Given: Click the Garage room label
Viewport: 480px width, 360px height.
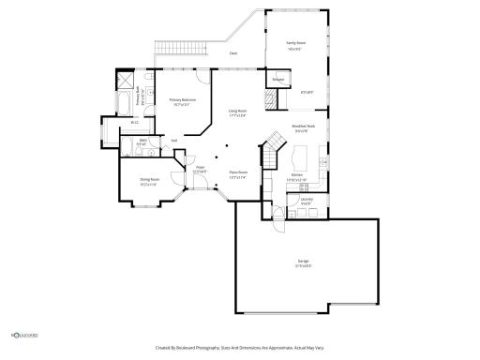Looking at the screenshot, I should [x=304, y=263].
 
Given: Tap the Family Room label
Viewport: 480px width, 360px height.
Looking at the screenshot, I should [x=296, y=43].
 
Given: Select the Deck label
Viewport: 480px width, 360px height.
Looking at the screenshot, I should [x=232, y=53].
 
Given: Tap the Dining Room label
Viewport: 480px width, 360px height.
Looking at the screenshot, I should [x=149, y=183].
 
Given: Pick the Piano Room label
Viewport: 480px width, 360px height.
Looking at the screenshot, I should [x=238, y=173].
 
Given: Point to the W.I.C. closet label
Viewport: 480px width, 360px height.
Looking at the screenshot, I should [x=135, y=123].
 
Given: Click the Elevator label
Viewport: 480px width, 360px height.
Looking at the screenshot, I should [x=278, y=80].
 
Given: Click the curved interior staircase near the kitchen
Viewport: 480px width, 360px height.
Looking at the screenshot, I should [x=273, y=145].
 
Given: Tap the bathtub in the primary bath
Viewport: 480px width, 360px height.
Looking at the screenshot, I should [x=124, y=102].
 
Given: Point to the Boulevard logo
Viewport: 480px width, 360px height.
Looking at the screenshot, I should [x=24, y=333].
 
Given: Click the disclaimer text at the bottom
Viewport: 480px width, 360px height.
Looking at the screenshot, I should [x=239, y=347].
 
